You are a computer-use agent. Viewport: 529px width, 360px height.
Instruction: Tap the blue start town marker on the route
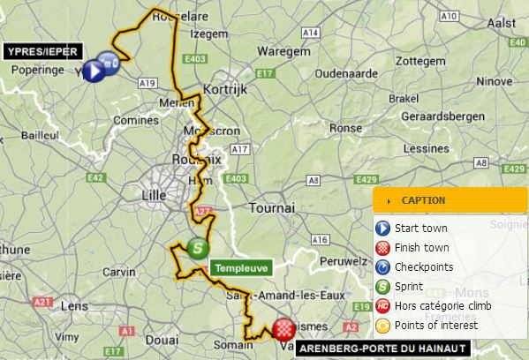tap(94, 71)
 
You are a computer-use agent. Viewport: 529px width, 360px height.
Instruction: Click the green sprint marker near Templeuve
tap(198, 249)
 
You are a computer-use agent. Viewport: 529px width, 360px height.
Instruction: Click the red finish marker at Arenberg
tap(283, 330)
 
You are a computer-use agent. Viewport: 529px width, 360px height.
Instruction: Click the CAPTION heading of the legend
tap(423, 200)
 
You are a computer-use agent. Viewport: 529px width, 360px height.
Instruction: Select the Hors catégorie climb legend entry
tap(448, 305)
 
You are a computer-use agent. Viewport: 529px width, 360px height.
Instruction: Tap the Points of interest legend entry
tap(436, 325)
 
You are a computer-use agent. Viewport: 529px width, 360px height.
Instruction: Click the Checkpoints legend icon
tap(382, 267)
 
